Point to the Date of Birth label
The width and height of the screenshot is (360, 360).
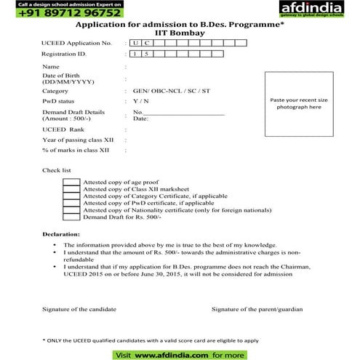pos(59,79)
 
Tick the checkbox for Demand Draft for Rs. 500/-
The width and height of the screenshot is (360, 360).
pos(71,217)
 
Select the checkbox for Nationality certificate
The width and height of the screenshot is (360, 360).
pos(71,210)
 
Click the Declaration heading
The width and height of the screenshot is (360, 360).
pos(61,236)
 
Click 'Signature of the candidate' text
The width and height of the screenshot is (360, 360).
pos(79,309)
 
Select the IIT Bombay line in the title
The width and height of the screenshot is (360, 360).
pos(179,33)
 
